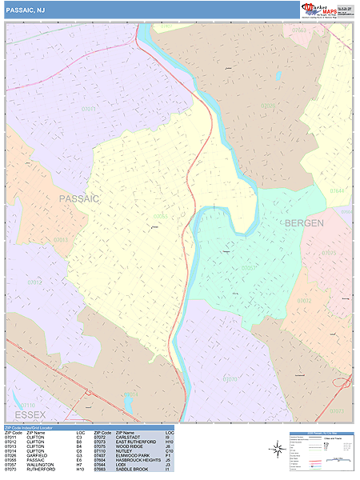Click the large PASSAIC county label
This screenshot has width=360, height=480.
[x=78, y=198]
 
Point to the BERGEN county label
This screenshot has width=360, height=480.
[x=304, y=223]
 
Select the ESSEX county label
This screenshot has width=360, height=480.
[x=29, y=414]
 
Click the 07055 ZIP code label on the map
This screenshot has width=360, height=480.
[x=161, y=216]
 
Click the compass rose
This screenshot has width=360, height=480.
[x=275, y=450]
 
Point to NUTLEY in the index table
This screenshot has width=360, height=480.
[x=125, y=451]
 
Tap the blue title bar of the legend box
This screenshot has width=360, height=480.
[x=321, y=433]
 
